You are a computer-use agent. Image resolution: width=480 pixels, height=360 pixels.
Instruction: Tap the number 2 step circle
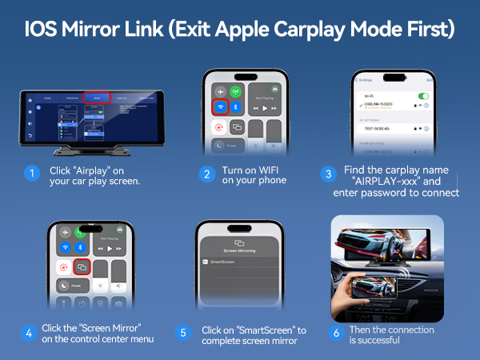click(206, 173)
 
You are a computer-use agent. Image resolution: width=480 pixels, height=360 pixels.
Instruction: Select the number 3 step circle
click(327, 173)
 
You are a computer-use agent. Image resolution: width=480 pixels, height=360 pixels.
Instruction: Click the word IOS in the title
click(47, 30)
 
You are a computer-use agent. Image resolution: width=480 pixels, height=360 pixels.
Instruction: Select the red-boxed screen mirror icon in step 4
click(81, 266)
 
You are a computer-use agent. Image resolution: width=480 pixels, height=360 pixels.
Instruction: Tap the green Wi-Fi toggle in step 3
click(425, 97)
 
